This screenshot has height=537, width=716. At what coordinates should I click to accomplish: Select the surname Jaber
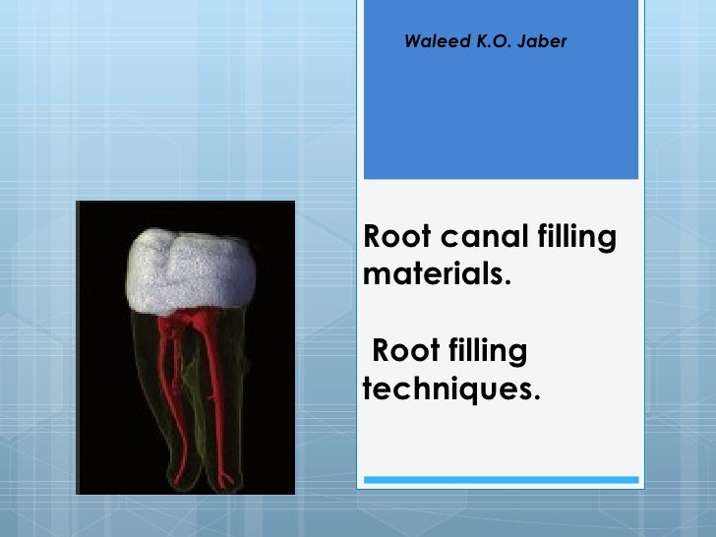click(x=537, y=40)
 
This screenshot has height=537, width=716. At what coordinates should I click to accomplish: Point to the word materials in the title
click(x=434, y=271)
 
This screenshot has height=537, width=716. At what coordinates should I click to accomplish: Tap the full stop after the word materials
click(x=507, y=278)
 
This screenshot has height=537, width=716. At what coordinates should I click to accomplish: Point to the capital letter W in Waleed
click(x=412, y=40)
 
